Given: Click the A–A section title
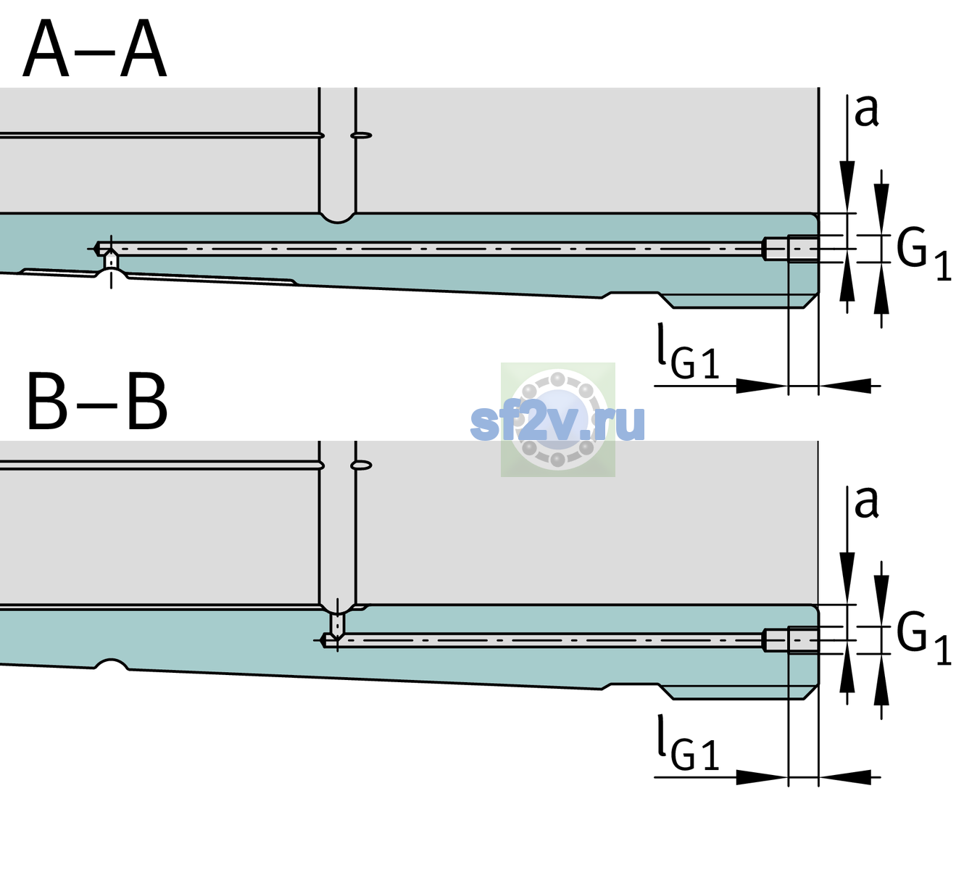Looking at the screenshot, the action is point(95,49).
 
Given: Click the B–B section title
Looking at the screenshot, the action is point(97,402).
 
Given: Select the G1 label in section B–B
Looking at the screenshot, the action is point(923,639).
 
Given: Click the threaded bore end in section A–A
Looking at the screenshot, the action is point(791,249).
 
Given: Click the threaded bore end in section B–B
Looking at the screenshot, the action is point(791,640).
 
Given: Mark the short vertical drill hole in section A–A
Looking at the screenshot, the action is point(111,260).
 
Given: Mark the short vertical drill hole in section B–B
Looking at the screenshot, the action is point(338,623).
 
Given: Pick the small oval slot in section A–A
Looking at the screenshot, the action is point(362,136).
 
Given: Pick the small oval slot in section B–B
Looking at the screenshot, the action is point(362,465).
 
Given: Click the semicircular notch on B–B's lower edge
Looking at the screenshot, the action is point(112,664).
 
